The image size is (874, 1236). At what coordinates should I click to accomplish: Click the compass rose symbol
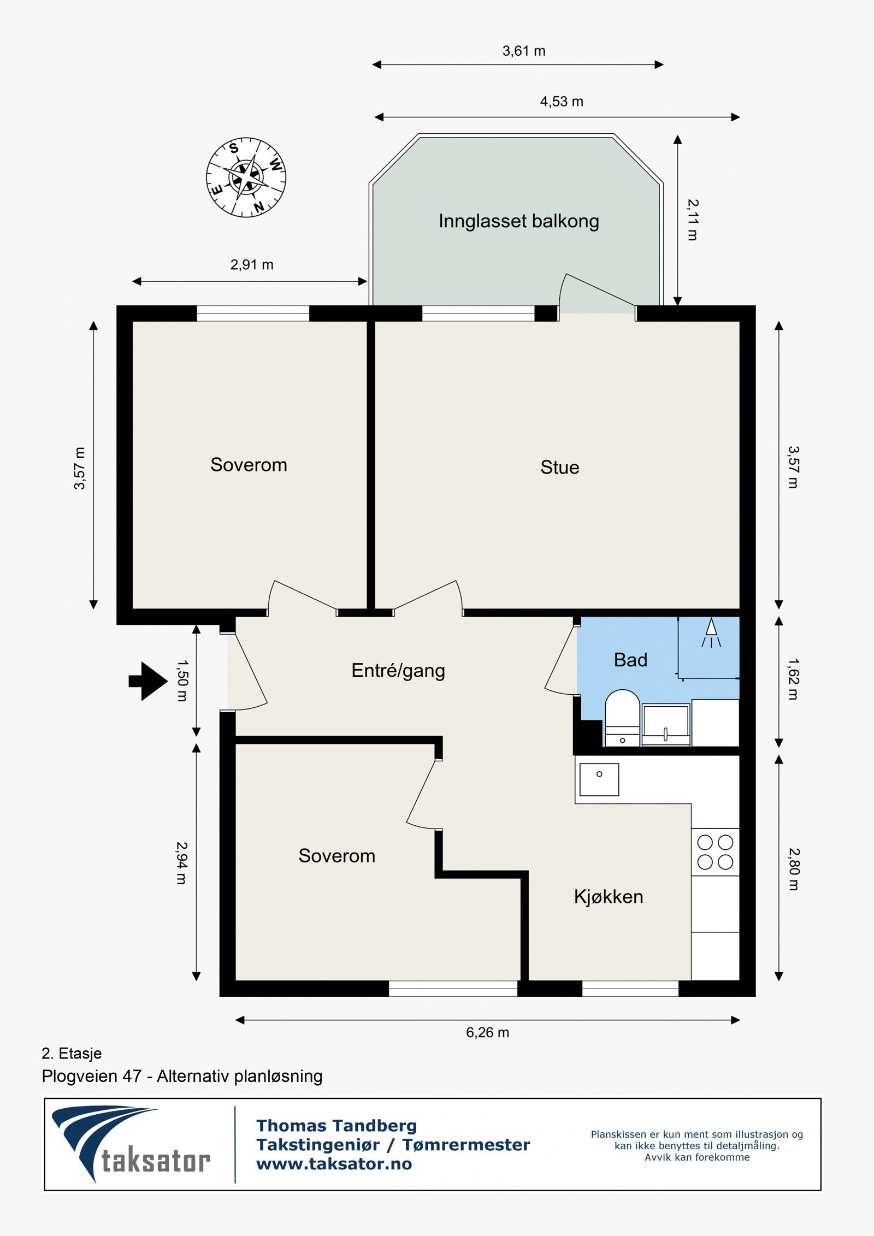click(x=246, y=177)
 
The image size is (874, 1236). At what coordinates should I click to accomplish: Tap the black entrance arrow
click(x=148, y=681)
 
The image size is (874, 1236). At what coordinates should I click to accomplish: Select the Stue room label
click(x=560, y=467)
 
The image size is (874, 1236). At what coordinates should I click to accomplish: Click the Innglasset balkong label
click(x=519, y=221)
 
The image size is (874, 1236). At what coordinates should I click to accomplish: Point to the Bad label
click(x=630, y=660)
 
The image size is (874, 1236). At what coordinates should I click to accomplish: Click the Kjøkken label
click(x=609, y=897)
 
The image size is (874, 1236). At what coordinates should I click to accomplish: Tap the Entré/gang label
click(x=398, y=670)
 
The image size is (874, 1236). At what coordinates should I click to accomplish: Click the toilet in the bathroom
click(x=622, y=718)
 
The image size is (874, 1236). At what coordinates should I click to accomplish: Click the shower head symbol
click(x=711, y=632)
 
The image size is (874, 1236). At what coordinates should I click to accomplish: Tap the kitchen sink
click(x=599, y=779)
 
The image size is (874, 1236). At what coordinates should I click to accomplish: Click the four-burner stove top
click(x=715, y=853)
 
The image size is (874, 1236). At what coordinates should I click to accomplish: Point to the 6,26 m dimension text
click(x=487, y=1032)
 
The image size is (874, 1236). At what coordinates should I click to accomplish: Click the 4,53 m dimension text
click(x=562, y=102)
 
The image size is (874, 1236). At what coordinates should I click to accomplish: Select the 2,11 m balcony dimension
click(x=693, y=220)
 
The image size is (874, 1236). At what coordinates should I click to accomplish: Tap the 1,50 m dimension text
click(x=182, y=681)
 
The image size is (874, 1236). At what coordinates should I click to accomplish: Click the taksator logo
click(x=131, y=1145)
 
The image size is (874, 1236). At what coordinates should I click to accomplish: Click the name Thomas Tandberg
click(x=336, y=1125)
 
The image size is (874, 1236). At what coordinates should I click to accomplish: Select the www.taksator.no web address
click(x=334, y=1164)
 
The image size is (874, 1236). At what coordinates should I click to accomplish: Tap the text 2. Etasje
click(x=72, y=1053)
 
